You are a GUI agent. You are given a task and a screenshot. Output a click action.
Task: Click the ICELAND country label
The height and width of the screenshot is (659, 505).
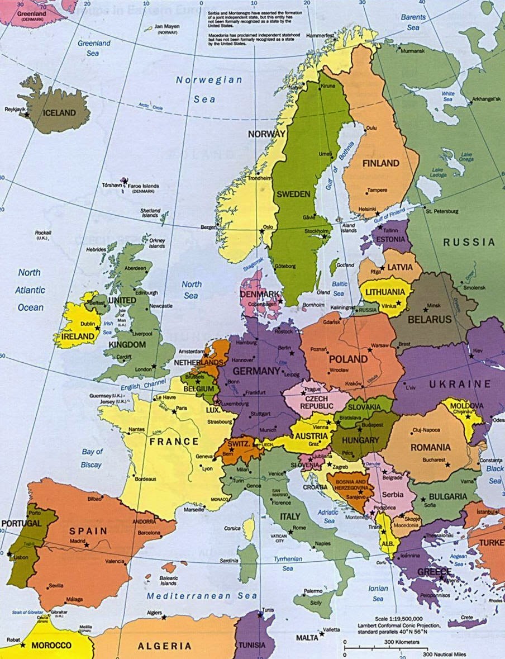[55, 113]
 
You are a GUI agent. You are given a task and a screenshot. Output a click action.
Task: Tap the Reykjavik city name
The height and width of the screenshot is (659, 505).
[16, 109]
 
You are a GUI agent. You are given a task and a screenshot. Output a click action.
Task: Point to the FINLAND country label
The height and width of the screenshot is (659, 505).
[380, 163]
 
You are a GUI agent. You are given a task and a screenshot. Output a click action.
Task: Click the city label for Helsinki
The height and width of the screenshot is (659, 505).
[368, 209]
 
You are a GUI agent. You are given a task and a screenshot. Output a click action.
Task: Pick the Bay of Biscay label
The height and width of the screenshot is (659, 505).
[92, 458]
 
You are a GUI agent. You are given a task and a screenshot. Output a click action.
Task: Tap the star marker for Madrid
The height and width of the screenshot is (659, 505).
[86, 544]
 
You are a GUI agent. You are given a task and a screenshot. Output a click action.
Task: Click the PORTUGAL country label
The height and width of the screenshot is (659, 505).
[21, 523]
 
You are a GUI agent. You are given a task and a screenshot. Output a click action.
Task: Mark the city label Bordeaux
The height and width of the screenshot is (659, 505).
[145, 479]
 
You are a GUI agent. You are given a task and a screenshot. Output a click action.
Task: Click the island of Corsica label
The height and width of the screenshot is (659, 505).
[232, 528]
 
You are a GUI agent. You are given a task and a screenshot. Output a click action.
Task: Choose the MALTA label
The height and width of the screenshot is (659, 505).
[307, 638]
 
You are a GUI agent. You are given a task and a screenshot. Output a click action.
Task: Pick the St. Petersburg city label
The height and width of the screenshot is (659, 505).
[441, 211]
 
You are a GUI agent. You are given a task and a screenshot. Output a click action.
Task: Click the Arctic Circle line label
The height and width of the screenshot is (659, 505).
[151, 106]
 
